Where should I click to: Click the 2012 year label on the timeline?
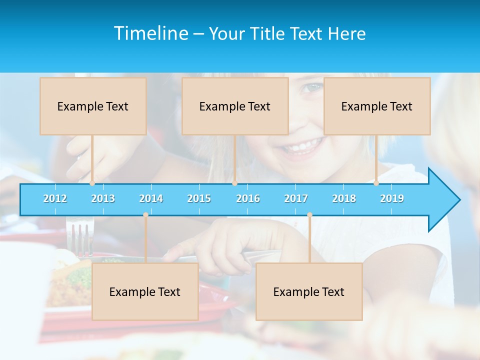click(x=55, y=198)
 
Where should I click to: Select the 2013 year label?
click(x=103, y=198)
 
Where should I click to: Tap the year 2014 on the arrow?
click(x=151, y=198)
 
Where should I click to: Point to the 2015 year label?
click(x=199, y=198)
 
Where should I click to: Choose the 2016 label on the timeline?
click(x=248, y=198)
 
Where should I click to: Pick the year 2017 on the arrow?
click(x=296, y=198)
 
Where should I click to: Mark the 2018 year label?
click(x=344, y=198)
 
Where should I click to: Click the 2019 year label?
click(x=392, y=198)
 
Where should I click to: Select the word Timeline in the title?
click(x=150, y=33)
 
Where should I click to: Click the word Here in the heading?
click(x=346, y=33)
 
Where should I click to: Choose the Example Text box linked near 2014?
click(x=145, y=291)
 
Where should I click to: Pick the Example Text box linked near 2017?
click(x=309, y=291)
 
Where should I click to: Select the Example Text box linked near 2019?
click(x=377, y=106)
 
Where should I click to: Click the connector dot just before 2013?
click(x=92, y=183)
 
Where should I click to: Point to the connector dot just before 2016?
click(x=234, y=183)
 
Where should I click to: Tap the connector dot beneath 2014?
click(x=145, y=214)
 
